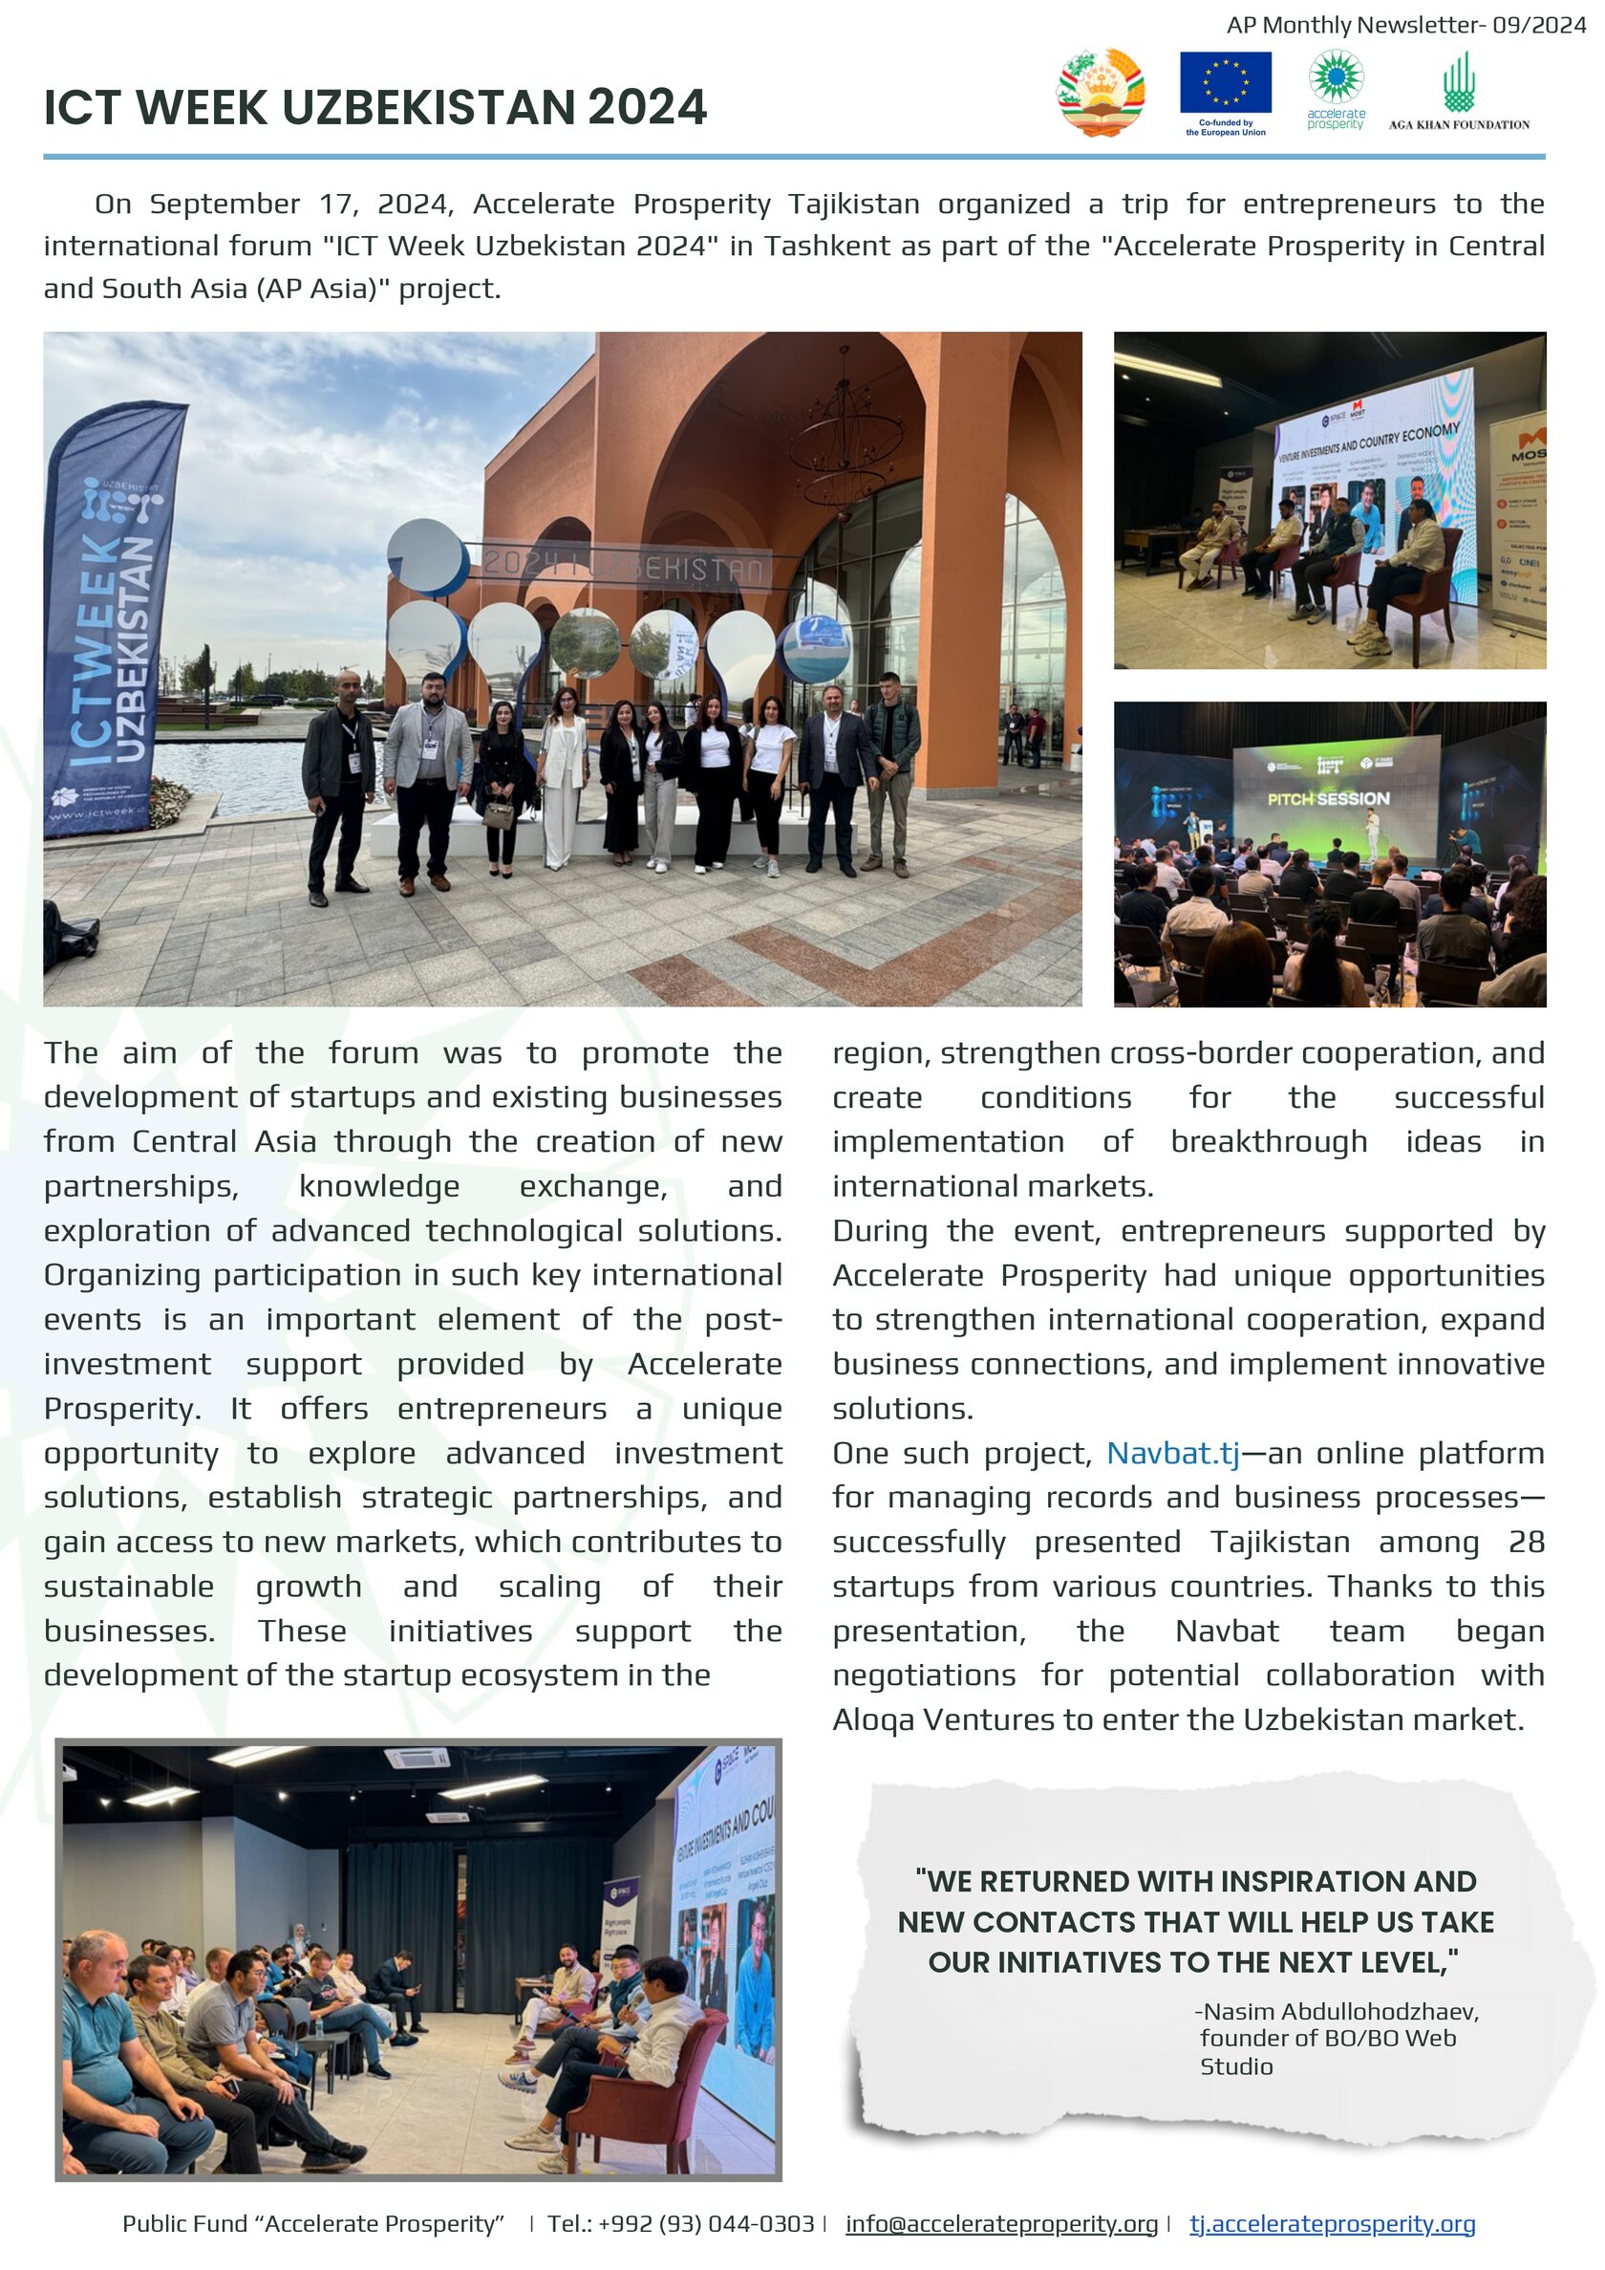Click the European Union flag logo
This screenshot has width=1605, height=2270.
coord(1225,85)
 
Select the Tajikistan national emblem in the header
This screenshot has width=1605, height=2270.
coord(1101,92)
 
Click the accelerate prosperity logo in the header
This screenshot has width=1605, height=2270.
coord(1336,89)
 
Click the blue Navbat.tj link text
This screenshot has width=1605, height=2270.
coord(1172,1454)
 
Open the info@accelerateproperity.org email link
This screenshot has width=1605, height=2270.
coord(1001,2223)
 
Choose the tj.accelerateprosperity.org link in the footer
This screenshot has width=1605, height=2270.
coord(1331,2223)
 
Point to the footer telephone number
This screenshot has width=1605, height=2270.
coord(681,2223)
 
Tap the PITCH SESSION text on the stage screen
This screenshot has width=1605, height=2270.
coord(1328,798)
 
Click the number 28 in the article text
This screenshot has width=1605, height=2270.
coord(1526,1543)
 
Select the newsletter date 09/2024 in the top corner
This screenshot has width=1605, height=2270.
coord(1539,26)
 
